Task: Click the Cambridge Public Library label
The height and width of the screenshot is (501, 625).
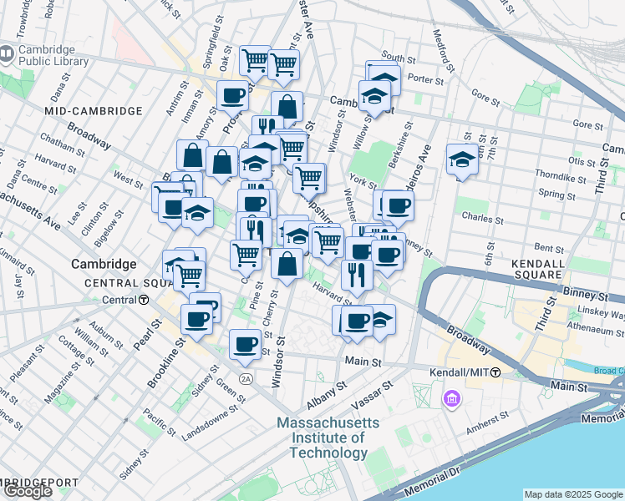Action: click(53, 56)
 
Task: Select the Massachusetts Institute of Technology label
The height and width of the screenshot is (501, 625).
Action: click(328, 438)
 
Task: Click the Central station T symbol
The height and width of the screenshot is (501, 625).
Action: click(145, 300)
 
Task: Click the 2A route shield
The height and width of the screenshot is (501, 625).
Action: click(246, 379)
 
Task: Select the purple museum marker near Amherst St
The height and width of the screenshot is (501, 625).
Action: click(452, 400)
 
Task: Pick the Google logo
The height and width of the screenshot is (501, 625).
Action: click(27, 491)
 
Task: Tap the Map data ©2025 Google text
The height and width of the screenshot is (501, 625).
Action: click(573, 494)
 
